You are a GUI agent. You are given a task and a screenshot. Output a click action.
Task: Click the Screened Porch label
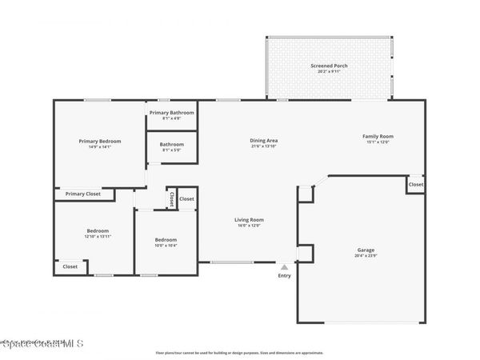pyautogui.click(x=328, y=65)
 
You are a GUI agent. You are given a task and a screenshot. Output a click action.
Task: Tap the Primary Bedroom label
pyautogui.click(x=100, y=141)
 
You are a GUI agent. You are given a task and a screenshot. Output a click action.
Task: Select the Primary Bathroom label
pyautogui.click(x=172, y=113)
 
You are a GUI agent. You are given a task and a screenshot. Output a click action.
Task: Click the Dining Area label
pyautogui.click(x=263, y=141)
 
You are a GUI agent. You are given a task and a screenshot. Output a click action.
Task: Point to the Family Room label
pyautogui.click(x=379, y=136)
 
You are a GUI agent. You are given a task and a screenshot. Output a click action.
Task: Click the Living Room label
pyautogui.click(x=249, y=219)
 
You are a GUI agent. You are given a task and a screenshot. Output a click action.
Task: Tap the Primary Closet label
pyautogui.click(x=83, y=194)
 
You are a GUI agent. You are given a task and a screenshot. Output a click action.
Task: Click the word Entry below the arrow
pyautogui.click(x=284, y=276)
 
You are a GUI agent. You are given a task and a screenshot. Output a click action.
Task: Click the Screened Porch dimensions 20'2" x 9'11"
pyautogui.click(x=328, y=71)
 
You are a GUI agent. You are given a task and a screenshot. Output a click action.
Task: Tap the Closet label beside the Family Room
pyautogui.click(x=416, y=185)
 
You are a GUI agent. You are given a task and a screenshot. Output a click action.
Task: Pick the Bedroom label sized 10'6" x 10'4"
pyautogui.click(x=166, y=239)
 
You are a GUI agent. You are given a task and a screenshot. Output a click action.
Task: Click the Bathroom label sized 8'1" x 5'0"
pyautogui.click(x=172, y=144)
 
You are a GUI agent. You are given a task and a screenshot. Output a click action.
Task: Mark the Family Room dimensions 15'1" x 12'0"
pyautogui.click(x=379, y=142)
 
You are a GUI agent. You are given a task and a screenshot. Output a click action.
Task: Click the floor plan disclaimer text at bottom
pyautogui.click(x=240, y=352)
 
